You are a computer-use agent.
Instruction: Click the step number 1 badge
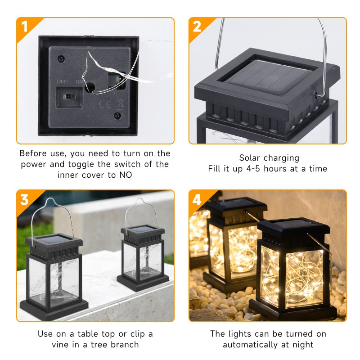click(x=24, y=27)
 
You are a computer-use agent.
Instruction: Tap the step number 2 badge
click(x=197, y=27)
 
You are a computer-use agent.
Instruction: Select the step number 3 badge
click(x=24, y=199)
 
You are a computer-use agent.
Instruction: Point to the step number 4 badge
click(x=197, y=199)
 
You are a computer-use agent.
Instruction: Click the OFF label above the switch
click(x=62, y=81)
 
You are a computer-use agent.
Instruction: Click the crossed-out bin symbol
click(x=120, y=103)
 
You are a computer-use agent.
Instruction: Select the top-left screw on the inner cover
click(x=61, y=59)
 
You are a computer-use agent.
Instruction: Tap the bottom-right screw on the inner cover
click(x=117, y=116)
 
